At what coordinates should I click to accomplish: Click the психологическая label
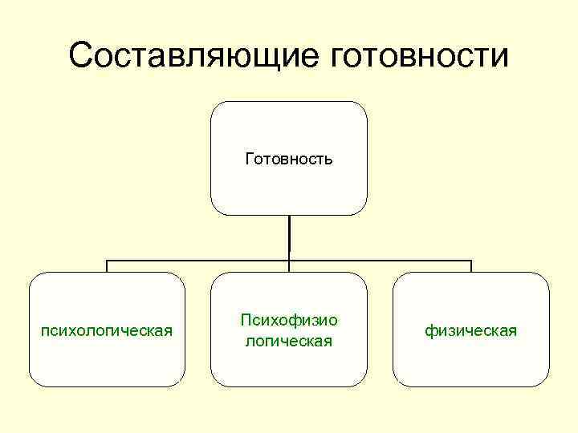pyautogui.click(x=107, y=330)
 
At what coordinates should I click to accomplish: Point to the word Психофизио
pyautogui.click(x=289, y=321)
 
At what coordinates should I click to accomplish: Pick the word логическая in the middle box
pyautogui.click(x=289, y=341)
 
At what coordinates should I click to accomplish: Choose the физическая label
pyautogui.click(x=471, y=330)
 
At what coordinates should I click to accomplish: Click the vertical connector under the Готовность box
pyautogui.click(x=289, y=237)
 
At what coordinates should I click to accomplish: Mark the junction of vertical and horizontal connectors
pyautogui.click(x=289, y=261)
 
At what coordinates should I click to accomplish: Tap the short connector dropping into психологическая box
pyautogui.click(x=108, y=266)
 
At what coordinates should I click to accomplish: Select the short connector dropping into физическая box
pyautogui.click(x=471, y=266)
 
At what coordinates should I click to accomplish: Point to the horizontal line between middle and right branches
pyautogui.click(x=381, y=261)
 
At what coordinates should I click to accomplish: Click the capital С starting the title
pyautogui.click(x=80, y=56)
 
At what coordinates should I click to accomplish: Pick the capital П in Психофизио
pyautogui.click(x=245, y=320)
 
